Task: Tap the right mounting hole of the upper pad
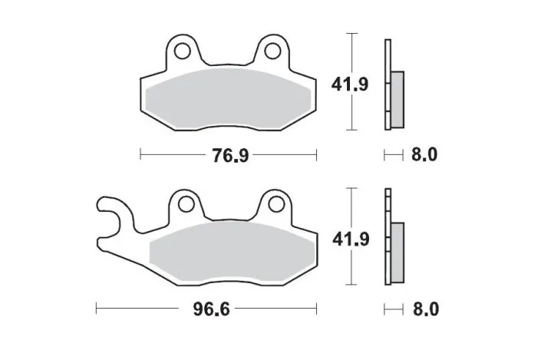pyautogui.click(x=272, y=51)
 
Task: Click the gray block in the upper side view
pyautogui.click(x=398, y=99)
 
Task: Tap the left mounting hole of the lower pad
pyautogui.click(x=184, y=204)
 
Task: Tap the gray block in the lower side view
pyautogui.click(x=398, y=252)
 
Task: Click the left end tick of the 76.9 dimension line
pyautogui.click(x=140, y=156)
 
